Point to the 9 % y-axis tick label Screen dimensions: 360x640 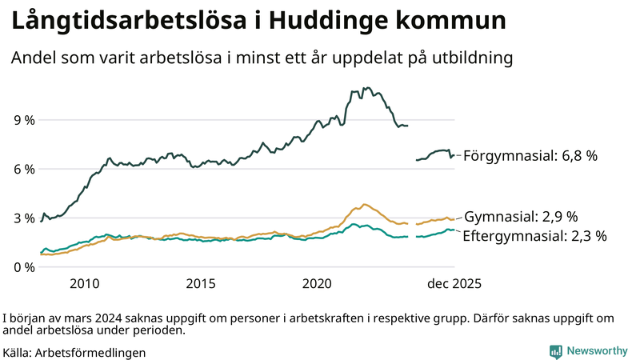[24, 120]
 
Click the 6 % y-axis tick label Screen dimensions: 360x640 [24, 169]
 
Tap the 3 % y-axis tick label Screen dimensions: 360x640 [24, 218]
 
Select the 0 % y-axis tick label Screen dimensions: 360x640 [24, 266]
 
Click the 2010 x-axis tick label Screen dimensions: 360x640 [85, 284]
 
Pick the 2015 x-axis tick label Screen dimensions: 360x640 [201, 284]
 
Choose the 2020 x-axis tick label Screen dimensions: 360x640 [318, 284]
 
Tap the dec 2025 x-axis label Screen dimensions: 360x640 [453, 284]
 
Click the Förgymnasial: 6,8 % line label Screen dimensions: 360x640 [530, 156]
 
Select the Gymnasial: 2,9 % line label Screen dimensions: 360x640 [521, 217]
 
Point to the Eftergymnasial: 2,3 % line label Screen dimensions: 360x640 [534, 236]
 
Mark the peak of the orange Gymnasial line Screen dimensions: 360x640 [364, 205]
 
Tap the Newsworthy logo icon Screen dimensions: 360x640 [555, 351]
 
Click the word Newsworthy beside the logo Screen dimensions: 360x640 [597, 351]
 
